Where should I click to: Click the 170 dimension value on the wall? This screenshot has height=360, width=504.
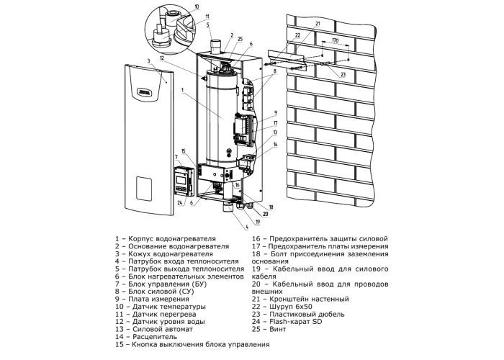(x=335, y=42)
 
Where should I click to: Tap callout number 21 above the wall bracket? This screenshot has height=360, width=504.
(x=318, y=24)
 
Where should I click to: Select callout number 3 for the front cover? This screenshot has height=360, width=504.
(x=148, y=60)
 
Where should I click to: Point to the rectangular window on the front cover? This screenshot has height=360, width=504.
(x=144, y=188)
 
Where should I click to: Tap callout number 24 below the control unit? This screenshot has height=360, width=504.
(x=180, y=203)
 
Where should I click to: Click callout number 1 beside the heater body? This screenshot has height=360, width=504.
(x=182, y=90)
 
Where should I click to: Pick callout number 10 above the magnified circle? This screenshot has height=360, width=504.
(x=197, y=6)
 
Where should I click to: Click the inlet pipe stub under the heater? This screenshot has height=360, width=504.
(x=228, y=207)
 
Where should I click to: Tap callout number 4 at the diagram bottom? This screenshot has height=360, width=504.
(x=247, y=228)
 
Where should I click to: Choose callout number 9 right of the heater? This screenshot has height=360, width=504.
(x=276, y=113)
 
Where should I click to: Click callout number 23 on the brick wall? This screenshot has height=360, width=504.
(x=343, y=75)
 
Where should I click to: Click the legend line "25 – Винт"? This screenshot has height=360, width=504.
(x=269, y=329)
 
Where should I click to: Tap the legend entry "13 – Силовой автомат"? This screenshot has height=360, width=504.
(x=154, y=329)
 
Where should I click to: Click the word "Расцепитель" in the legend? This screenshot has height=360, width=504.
(x=155, y=337)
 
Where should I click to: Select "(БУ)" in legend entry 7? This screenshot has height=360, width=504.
(x=199, y=284)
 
